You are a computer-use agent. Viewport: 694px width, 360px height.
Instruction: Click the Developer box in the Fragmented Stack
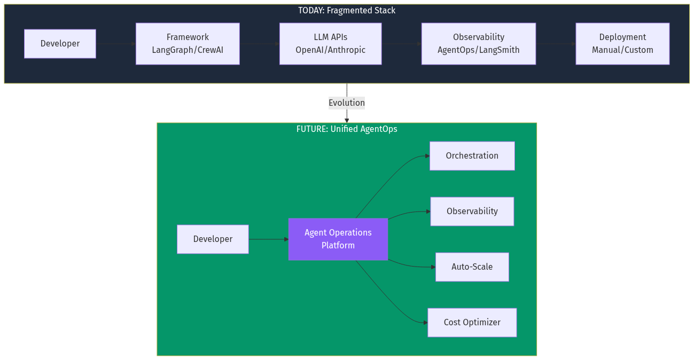tap(60, 44)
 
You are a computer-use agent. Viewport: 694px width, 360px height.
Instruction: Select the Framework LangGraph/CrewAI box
tap(188, 44)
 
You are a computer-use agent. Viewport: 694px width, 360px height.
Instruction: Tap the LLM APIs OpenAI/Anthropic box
tap(330, 44)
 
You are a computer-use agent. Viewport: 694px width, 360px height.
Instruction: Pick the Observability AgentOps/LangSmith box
tap(478, 44)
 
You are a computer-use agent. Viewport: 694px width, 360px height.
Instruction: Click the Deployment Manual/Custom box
tap(622, 44)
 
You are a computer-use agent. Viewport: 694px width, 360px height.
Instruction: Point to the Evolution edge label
tap(347, 103)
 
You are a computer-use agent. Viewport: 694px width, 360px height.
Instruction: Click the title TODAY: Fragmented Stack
tap(347, 11)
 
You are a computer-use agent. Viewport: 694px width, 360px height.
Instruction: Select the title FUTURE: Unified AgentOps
tap(347, 129)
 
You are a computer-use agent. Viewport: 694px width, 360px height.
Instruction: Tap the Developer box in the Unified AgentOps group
tap(213, 239)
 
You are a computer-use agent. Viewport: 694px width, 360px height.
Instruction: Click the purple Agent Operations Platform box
tap(338, 239)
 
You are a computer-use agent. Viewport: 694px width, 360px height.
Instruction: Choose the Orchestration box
tap(472, 156)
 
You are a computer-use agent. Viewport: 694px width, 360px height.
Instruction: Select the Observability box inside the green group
tap(472, 212)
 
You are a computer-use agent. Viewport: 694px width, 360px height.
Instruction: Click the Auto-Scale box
tap(472, 267)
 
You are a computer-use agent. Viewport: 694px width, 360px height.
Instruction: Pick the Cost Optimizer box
tap(472, 323)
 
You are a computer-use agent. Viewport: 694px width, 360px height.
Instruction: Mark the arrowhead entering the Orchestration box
tap(427, 156)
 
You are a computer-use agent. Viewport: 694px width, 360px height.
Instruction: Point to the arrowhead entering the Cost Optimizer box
tap(425, 323)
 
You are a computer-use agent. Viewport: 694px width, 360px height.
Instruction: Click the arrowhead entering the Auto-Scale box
tap(433, 267)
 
